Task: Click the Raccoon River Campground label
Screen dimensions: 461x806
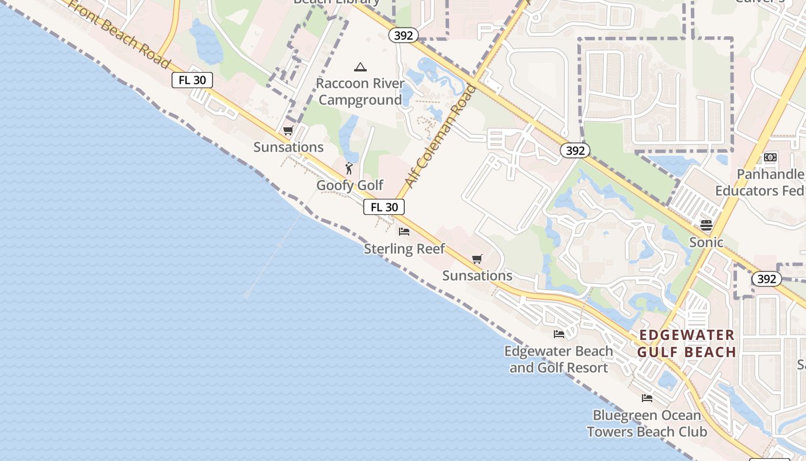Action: [x=360, y=92]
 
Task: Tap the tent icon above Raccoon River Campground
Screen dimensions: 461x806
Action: [x=360, y=67]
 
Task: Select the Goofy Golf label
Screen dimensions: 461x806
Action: [x=350, y=186]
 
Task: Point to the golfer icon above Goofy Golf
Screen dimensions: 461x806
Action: [x=349, y=168]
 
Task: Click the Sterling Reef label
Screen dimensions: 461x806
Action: [x=404, y=249]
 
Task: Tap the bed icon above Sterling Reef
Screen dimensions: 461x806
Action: [x=404, y=232]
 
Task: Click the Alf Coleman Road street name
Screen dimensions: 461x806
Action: [x=441, y=136]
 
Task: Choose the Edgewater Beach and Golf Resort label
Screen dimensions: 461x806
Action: [x=558, y=360]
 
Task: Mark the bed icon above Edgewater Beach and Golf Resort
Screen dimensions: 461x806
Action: [x=558, y=334]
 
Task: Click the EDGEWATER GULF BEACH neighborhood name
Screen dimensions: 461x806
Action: [x=687, y=343]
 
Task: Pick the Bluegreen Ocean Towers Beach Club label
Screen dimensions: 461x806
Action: [x=647, y=424]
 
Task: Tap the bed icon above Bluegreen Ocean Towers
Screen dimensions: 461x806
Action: [x=647, y=398]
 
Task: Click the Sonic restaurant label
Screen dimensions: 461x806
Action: [x=706, y=242]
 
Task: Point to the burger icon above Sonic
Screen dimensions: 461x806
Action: [x=706, y=225]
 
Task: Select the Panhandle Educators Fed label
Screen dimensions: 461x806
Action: [x=760, y=182]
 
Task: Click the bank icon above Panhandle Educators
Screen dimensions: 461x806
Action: [x=770, y=157]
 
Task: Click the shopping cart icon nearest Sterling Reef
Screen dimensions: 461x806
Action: [x=477, y=259]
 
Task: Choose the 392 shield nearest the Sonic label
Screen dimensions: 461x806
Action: [x=766, y=279]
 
